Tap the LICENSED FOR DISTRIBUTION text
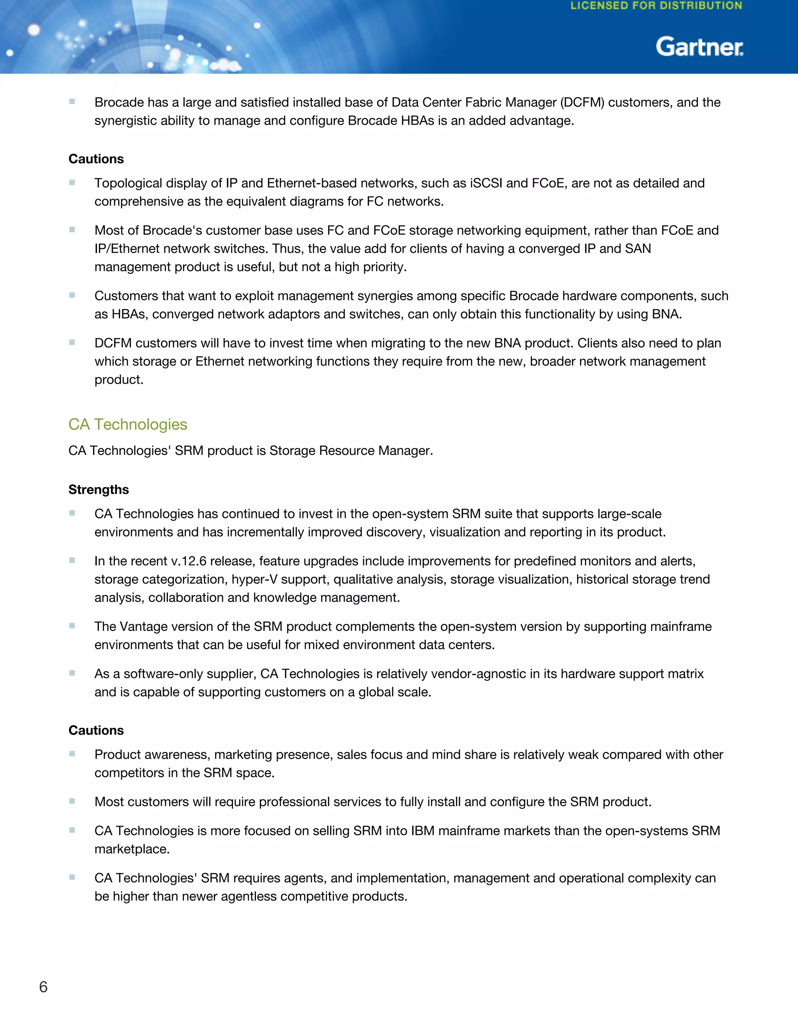pos(656,6)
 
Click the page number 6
pos(43,987)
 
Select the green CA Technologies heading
pos(128,424)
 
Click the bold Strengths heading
pos(98,490)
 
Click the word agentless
pos(251,896)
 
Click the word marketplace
pos(132,849)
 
